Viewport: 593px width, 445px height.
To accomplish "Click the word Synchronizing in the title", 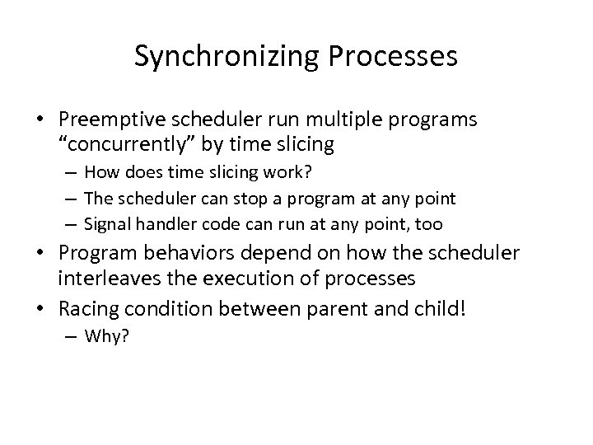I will pyautogui.click(x=219, y=56).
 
